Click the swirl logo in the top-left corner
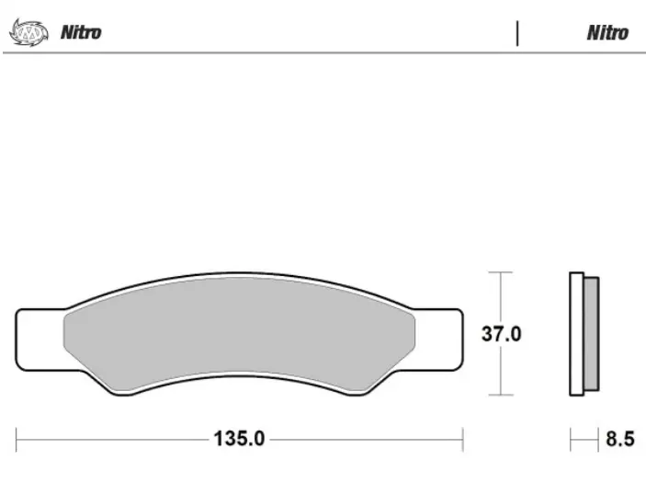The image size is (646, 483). [x=28, y=32]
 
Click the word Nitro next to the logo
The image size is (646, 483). [x=81, y=32]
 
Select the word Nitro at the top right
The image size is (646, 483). [x=607, y=33]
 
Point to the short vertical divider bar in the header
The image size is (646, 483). [x=517, y=33]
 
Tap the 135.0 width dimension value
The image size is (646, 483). [x=239, y=439]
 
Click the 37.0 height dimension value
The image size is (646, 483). [x=502, y=334]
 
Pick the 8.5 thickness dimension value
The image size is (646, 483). [x=620, y=439]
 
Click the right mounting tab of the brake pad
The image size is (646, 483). [x=438, y=339]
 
